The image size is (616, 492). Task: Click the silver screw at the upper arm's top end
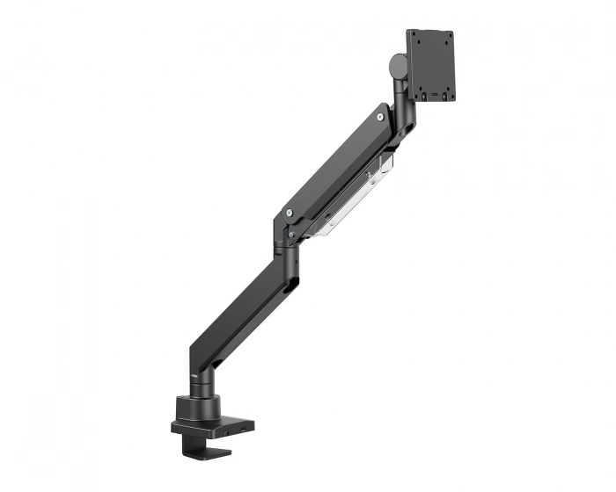(x=379, y=115)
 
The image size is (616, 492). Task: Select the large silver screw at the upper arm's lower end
(x=289, y=212)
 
